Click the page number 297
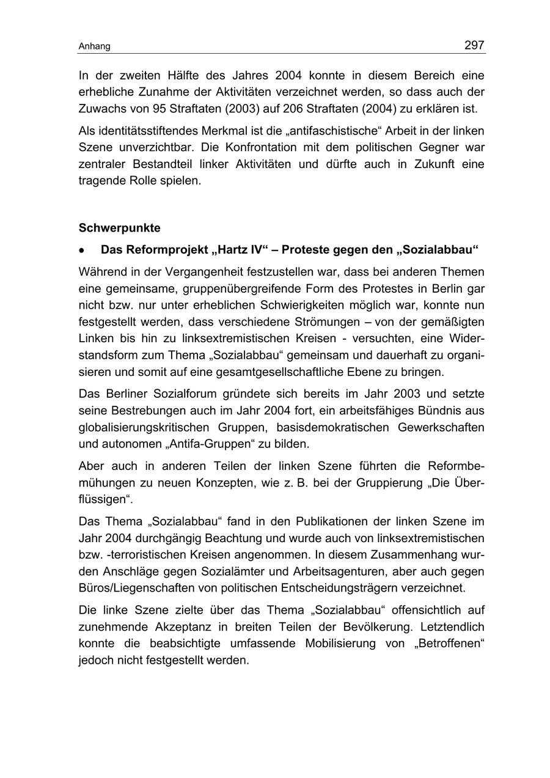[474, 45]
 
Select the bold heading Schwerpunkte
[120, 228]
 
